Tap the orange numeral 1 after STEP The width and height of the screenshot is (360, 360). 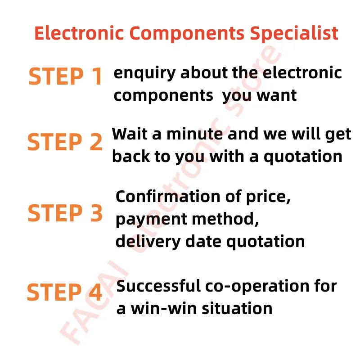(x=98, y=76)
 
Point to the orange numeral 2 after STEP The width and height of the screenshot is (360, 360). (x=96, y=142)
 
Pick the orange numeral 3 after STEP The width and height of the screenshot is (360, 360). (x=96, y=213)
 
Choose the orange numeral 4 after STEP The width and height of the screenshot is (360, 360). (x=95, y=292)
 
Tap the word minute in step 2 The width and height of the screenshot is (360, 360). (x=195, y=134)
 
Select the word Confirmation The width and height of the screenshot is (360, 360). (x=168, y=197)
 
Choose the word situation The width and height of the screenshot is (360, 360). (x=237, y=308)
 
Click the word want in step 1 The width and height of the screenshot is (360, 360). (x=277, y=95)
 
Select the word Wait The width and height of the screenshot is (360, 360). (x=130, y=134)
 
